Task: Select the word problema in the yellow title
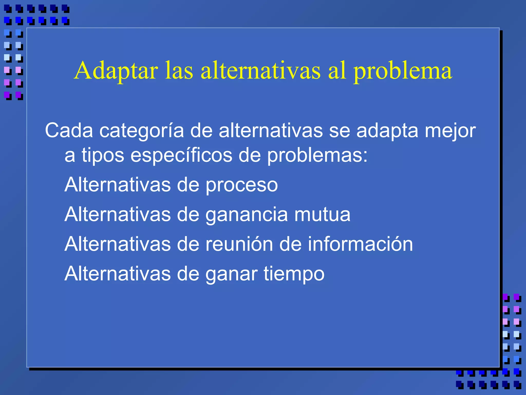[x=403, y=72]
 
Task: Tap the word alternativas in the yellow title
[x=260, y=70]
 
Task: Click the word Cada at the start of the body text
[x=69, y=131]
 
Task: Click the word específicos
[x=181, y=156]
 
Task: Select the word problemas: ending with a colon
[x=317, y=156]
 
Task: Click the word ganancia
[x=247, y=215]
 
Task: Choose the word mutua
[x=322, y=214]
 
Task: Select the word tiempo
[x=294, y=274]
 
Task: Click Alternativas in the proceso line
[x=118, y=185]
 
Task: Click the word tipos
[x=103, y=156]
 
